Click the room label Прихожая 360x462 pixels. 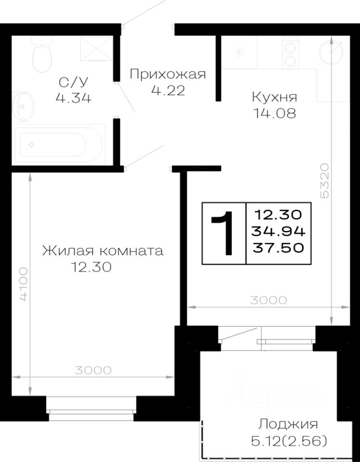click(x=168, y=74)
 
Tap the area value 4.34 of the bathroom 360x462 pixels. click(x=74, y=98)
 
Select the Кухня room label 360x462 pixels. click(x=274, y=97)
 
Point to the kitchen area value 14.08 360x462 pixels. click(x=274, y=114)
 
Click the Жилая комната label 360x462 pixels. click(x=103, y=251)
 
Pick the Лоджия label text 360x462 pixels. click(x=288, y=424)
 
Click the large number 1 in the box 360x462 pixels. click(x=224, y=233)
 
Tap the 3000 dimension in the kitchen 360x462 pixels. click(x=268, y=300)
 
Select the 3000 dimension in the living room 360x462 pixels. click(x=93, y=370)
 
